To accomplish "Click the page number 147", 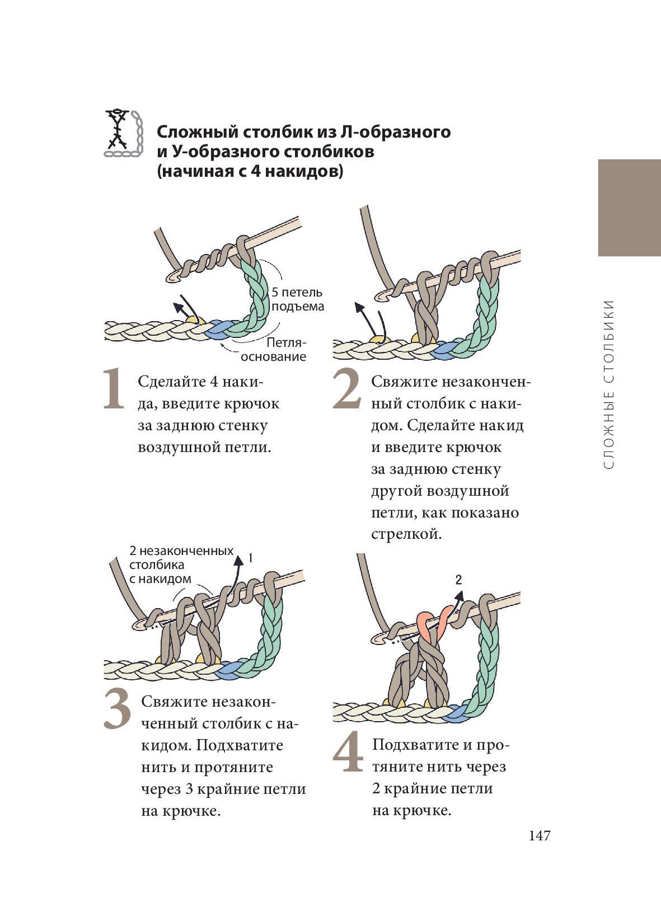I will click(x=540, y=835).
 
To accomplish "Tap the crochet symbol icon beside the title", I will click(x=123, y=133).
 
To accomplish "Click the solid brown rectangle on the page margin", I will click(x=629, y=208).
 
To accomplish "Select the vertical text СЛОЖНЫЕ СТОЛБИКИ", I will click(x=610, y=384).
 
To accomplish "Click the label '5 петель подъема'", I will click(x=297, y=299).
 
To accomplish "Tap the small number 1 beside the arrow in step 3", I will click(x=251, y=558).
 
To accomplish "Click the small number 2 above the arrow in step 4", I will click(x=458, y=580).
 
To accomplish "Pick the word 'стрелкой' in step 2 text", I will click(x=406, y=534).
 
